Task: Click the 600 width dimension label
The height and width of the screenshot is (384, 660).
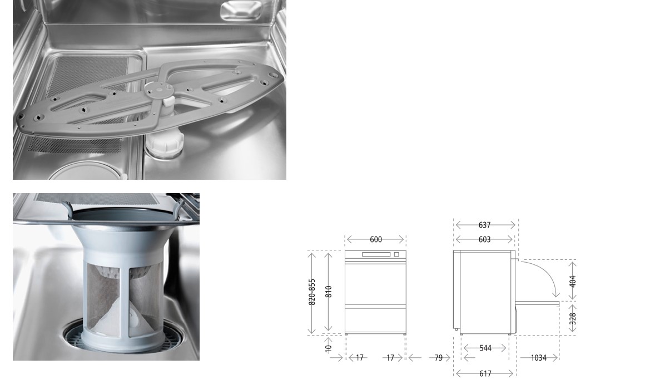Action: [376, 239]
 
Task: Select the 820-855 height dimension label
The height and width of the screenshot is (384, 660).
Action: [312, 292]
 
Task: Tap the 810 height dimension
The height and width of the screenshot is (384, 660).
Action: [329, 292]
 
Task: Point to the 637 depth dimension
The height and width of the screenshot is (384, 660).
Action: [484, 225]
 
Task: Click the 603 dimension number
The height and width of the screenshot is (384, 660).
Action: [484, 239]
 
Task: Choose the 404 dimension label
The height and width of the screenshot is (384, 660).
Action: [573, 282]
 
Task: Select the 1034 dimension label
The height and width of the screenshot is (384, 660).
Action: [538, 358]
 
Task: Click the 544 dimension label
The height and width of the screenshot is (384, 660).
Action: [485, 348]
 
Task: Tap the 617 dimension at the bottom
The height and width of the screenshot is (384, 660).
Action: [485, 374]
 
